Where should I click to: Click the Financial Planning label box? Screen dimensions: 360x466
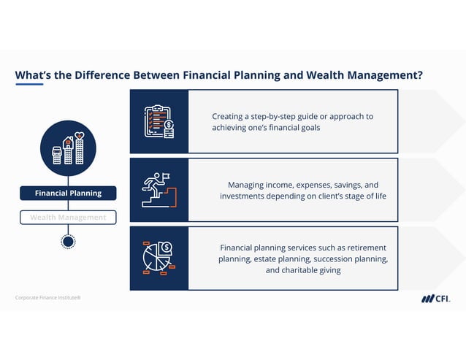point(68,193)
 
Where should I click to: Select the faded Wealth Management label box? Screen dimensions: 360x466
point(68,217)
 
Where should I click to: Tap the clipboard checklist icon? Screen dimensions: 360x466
point(159,122)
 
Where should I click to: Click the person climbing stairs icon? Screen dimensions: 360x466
point(159,189)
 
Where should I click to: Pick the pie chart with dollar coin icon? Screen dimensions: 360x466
point(159,257)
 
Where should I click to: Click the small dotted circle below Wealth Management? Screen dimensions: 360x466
point(68,241)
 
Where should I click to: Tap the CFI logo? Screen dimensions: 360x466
point(435,298)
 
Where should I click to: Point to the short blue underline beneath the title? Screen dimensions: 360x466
point(28,84)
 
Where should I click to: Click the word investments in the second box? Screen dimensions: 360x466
point(245,196)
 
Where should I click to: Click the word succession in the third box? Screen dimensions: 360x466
point(332,258)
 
